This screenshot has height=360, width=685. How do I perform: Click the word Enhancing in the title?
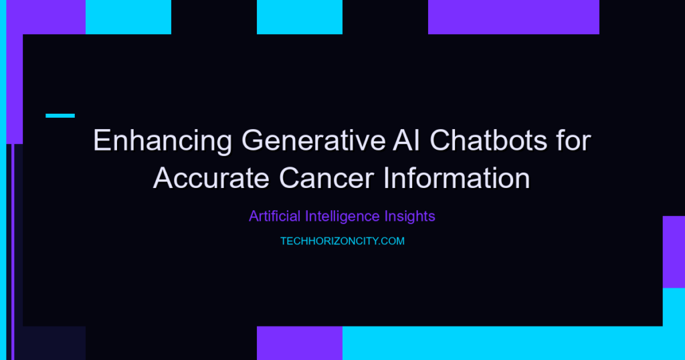163,141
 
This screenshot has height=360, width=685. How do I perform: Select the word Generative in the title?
314,141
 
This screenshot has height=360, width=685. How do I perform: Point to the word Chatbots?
488,141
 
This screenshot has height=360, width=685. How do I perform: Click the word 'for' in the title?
573,141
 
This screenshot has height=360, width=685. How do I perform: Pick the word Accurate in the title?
211,178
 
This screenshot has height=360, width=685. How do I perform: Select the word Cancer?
326,178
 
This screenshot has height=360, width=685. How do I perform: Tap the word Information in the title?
457,178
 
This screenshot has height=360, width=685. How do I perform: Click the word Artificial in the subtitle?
275,216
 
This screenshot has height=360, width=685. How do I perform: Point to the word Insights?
410,216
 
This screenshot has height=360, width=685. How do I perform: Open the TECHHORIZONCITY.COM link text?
342,241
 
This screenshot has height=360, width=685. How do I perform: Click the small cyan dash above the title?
60,116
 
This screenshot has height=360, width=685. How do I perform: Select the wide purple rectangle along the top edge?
514,17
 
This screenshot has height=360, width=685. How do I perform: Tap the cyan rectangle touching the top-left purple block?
128,17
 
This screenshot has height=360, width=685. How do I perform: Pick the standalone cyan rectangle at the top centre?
300,17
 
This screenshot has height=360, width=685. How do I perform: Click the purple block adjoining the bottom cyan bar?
300,343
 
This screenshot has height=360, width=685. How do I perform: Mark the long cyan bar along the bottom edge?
514,343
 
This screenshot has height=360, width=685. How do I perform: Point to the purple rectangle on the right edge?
674,252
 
